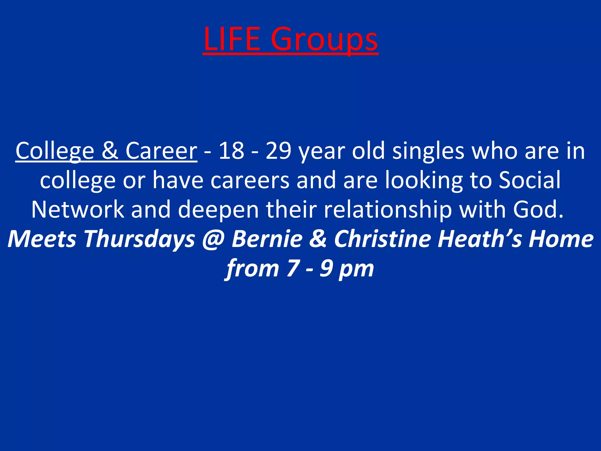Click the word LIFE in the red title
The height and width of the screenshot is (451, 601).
click(x=232, y=39)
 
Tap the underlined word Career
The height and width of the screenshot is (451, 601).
click(x=161, y=151)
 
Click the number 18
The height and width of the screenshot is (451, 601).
click(x=232, y=151)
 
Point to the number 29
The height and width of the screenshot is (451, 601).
click(x=278, y=151)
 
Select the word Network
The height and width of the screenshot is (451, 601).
click(x=78, y=209)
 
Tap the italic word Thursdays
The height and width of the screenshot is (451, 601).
click(x=140, y=239)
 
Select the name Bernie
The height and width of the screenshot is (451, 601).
click(x=267, y=238)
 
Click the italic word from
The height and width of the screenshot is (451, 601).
click(x=253, y=268)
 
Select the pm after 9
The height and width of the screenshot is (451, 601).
click(x=356, y=269)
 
